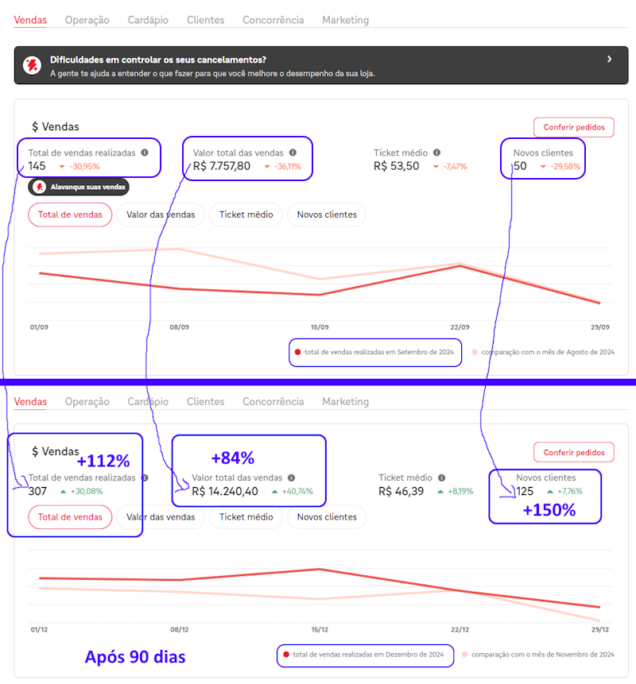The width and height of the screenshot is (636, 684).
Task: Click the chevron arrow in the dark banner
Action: pos(609,60)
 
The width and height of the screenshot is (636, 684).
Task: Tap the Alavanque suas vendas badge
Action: pos(78,187)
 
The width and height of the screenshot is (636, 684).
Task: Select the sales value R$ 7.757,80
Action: pos(222,166)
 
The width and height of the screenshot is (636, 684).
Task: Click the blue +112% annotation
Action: pos(103,461)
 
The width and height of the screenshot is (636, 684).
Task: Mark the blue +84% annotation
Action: pos(232,458)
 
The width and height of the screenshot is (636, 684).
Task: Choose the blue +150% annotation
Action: pos(549,510)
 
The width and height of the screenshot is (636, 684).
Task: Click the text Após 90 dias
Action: pos(135,657)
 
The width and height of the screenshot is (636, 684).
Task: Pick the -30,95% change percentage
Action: pos(84,167)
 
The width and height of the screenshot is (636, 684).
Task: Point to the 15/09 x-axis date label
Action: pos(320,327)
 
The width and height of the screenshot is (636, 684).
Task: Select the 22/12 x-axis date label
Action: pos(460,629)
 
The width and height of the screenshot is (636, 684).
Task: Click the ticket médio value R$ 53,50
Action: pos(396,166)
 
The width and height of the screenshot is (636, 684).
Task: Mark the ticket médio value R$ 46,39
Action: pos(401,491)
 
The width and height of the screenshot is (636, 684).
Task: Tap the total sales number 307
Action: pos(37,491)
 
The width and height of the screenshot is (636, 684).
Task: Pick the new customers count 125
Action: pos(525,491)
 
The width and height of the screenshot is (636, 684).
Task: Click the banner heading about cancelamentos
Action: pos(157,60)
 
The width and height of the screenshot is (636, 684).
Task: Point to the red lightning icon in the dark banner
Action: pos(33,65)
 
